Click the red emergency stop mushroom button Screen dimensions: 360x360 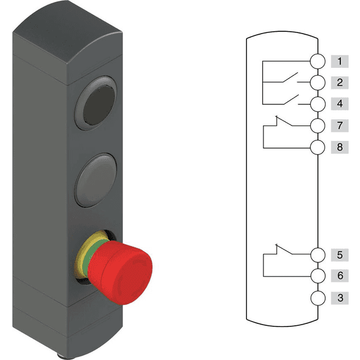click(120, 272)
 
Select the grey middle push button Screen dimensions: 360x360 click(96, 180)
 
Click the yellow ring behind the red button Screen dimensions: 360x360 click(83, 253)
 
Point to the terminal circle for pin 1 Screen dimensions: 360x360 click(318, 61)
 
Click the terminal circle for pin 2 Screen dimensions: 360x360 click(318, 82)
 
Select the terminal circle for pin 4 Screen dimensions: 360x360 click(318, 104)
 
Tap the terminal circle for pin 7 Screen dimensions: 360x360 click(318, 125)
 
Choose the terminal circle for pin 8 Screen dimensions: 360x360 click(318, 147)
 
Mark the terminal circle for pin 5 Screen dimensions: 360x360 click(318, 254)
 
